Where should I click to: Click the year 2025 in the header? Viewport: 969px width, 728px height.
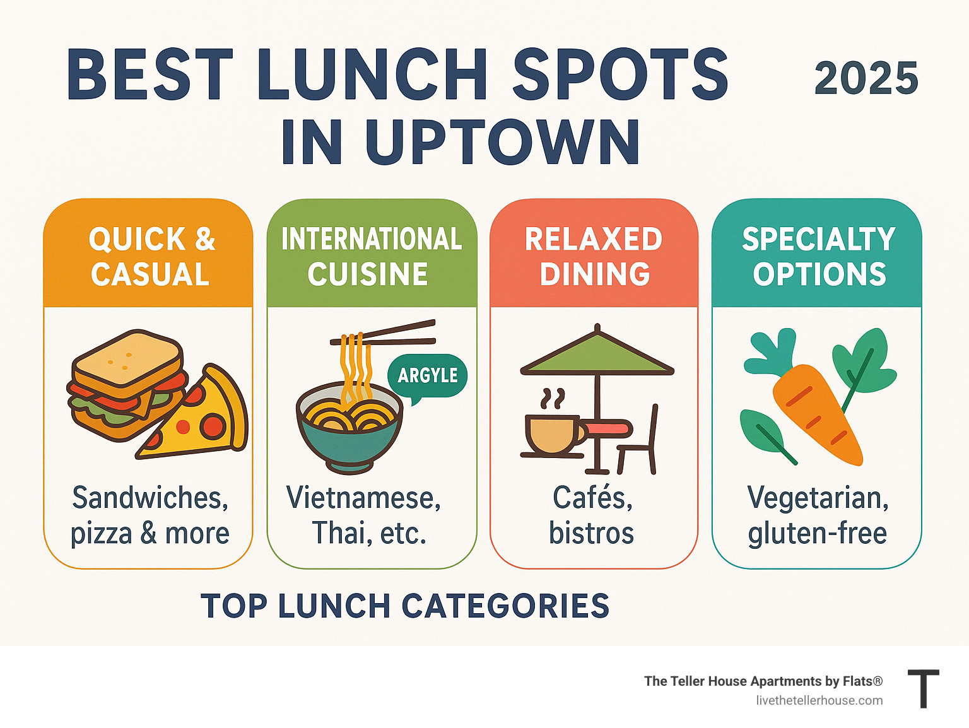[x=866, y=79]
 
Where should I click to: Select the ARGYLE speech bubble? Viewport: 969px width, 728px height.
[x=427, y=375]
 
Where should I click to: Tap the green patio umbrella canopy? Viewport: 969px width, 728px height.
[x=597, y=353]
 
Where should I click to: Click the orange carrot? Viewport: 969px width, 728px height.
[x=817, y=413]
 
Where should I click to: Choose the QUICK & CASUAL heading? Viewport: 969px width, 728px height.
[x=150, y=257]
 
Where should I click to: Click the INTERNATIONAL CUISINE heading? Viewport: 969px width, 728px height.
[x=371, y=257]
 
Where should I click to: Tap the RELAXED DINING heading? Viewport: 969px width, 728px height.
[x=594, y=257]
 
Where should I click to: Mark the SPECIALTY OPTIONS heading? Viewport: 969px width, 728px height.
[x=818, y=257]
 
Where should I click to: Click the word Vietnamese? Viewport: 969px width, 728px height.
[x=363, y=498]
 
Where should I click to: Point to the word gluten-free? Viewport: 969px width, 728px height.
[x=817, y=534]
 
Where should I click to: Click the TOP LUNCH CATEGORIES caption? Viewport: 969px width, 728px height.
[x=405, y=606]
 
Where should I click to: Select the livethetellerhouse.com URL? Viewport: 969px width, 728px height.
[x=819, y=700]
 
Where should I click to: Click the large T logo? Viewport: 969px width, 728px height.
[x=923, y=689]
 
